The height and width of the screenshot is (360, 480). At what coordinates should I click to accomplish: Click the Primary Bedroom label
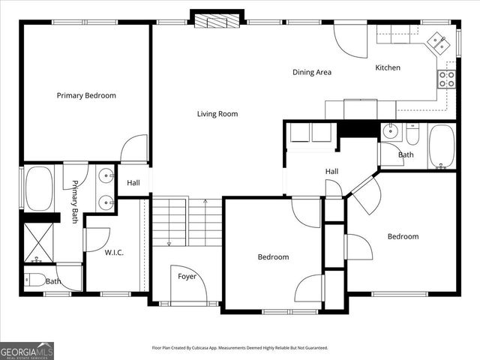(x=87, y=95)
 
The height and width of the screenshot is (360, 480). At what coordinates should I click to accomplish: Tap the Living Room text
(x=217, y=114)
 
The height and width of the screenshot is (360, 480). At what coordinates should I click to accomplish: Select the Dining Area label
(x=312, y=73)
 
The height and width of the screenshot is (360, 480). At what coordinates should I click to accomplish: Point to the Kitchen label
(x=388, y=67)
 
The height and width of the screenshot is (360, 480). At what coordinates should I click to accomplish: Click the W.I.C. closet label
(x=113, y=252)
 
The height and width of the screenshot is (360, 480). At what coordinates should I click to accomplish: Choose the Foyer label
(x=187, y=277)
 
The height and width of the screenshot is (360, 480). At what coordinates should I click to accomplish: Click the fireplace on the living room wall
(x=217, y=19)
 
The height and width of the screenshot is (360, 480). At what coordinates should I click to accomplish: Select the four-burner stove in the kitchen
(x=447, y=79)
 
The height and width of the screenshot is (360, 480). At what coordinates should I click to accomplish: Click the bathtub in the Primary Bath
(x=39, y=188)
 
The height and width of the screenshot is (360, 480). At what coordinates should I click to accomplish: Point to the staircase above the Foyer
(x=187, y=221)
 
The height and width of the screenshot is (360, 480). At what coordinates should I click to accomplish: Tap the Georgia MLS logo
(x=27, y=350)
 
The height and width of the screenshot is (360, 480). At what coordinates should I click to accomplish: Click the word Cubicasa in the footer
(x=221, y=348)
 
